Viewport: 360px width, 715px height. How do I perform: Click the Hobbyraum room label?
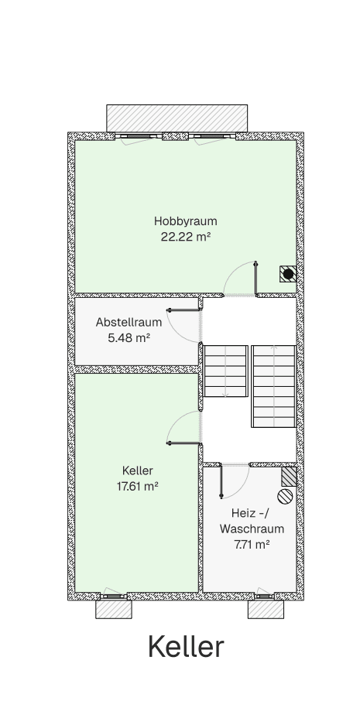pos(185,221)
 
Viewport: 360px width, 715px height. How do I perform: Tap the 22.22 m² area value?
pos(185,238)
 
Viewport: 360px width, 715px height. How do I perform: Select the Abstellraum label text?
pos(129,322)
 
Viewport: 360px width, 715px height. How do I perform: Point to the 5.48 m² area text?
pos(129,338)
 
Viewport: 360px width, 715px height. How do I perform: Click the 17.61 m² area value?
pos(137,486)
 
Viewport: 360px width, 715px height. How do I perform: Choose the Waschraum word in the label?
pos(252,529)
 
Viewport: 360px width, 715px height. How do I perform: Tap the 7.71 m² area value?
pos(252,545)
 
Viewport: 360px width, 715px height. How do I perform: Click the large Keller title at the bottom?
pos(186,647)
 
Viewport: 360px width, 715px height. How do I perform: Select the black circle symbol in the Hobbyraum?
pos(288,273)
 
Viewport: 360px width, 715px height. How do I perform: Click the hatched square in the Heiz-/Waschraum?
pos(290,475)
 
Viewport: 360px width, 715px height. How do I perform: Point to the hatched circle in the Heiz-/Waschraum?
pos(285,496)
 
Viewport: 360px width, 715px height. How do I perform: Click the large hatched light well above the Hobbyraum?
pos(178,118)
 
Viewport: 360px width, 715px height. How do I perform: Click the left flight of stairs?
pos(225,371)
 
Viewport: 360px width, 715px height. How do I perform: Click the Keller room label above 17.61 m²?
pos(137,470)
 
